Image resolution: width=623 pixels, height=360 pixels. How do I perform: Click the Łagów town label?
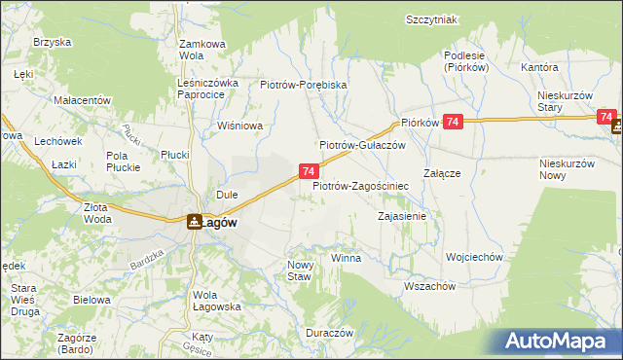tap(221, 222)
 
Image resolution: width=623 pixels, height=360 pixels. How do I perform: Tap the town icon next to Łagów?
tap(195, 222)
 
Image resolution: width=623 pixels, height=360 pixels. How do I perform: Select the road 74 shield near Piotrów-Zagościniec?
tap(308, 171)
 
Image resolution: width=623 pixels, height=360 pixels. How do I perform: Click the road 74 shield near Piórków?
tap(453, 121)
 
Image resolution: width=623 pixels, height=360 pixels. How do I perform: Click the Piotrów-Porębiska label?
tap(304, 85)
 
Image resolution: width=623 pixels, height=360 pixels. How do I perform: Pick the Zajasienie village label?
tap(402, 216)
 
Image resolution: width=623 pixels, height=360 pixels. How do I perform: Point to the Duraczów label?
tap(328, 332)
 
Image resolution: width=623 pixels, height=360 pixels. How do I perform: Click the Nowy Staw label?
tap(299, 270)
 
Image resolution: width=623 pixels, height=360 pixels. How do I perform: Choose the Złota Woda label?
tap(97, 212)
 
